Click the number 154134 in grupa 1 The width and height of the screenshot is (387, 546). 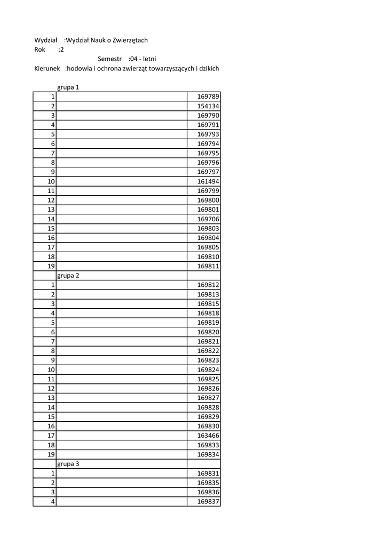pyautogui.click(x=208, y=106)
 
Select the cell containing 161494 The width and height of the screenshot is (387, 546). pyautogui.click(x=208, y=181)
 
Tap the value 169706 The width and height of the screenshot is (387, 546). pyautogui.click(x=208, y=219)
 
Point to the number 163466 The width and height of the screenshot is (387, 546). pyautogui.click(x=208, y=436)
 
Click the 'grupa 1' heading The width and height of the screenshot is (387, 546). pyautogui.click(x=68, y=87)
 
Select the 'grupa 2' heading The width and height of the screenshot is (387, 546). pyautogui.click(x=68, y=276)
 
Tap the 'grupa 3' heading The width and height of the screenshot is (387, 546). pyautogui.click(x=68, y=464)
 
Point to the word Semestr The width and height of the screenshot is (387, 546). pyautogui.click(x=110, y=59)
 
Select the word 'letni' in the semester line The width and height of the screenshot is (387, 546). pyautogui.click(x=149, y=59)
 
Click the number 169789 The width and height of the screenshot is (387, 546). pyautogui.click(x=208, y=97)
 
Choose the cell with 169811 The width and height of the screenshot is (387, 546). pyautogui.click(x=208, y=266)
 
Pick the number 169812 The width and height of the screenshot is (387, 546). pyautogui.click(x=208, y=285)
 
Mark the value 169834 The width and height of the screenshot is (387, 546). pyautogui.click(x=208, y=454)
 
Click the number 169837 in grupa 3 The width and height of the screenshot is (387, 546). pyautogui.click(x=208, y=502)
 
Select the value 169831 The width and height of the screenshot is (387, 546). pyautogui.click(x=208, y=473)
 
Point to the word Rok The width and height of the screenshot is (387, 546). pyautogui.click(x=40, y=50)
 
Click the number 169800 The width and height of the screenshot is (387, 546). pyautogui.click(x=208, y=200)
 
